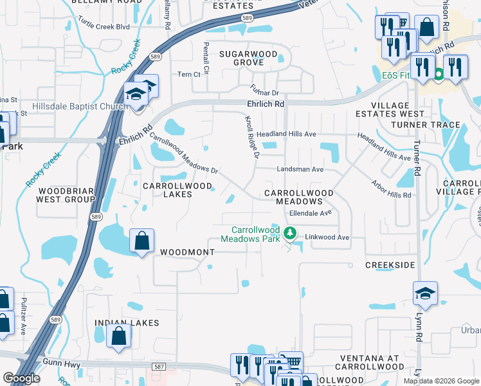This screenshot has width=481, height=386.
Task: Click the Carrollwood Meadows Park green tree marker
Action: [x=290, y=233]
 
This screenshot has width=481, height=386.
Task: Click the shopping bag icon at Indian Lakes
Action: [x=119, y=336]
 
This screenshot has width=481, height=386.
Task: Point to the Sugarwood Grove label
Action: [x=248, y=58]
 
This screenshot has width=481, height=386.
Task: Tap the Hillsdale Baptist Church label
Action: [x=79, y=107]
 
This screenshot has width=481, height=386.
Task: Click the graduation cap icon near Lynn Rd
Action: [x=425, y=293]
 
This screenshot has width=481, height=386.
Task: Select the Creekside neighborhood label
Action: [x=390, y=265]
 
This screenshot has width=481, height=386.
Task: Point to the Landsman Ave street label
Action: [x=300, y=170]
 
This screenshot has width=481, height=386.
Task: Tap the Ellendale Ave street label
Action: [x=310, y=212]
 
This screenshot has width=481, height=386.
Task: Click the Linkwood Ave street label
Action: [x=327, y=237]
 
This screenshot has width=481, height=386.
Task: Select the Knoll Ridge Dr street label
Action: [x=251, y=136]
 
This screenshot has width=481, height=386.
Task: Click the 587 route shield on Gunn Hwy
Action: [x=159, y=367]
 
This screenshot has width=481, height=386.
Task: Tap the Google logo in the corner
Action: [x=22, y=378]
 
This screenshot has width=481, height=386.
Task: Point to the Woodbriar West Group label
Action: [x=67, y=195]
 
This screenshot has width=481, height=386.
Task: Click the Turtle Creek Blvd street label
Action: [x=103, y=27]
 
